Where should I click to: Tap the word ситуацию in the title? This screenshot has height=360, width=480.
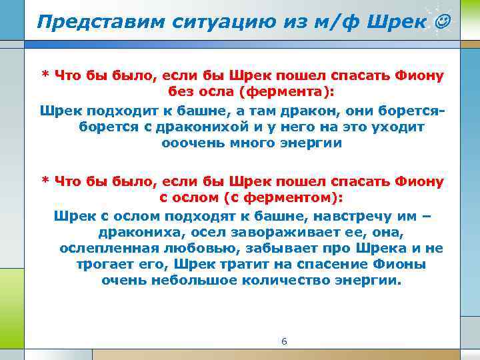click(199, 21)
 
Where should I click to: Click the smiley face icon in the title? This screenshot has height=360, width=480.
click(441, 22)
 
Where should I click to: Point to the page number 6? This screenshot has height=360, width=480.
click(285, 341)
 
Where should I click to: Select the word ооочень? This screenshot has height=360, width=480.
click(189, 143)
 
